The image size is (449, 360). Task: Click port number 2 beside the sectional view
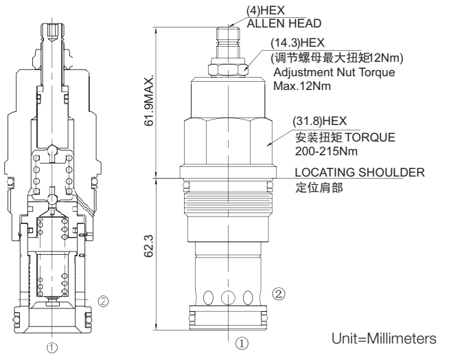pos(103,300)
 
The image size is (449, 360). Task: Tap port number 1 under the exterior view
pos(240,341)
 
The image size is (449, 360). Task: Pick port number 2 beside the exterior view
pos(279,293)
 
